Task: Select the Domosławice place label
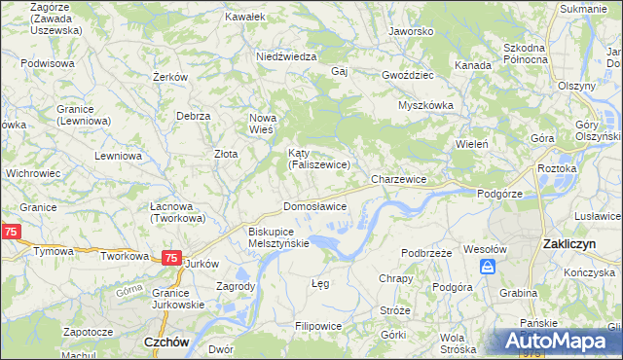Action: (314, 206)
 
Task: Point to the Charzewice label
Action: (399, 180)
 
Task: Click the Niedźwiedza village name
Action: (286, 56)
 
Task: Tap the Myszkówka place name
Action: (426, 106)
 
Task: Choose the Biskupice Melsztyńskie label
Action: (278, 237)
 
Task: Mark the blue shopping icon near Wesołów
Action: (489, 266)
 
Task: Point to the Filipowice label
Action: (319, 323)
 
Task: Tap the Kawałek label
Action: (244, 18)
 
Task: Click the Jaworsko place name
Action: (410, 31)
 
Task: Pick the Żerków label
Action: (169, 77)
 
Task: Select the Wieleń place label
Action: (471, 144)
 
